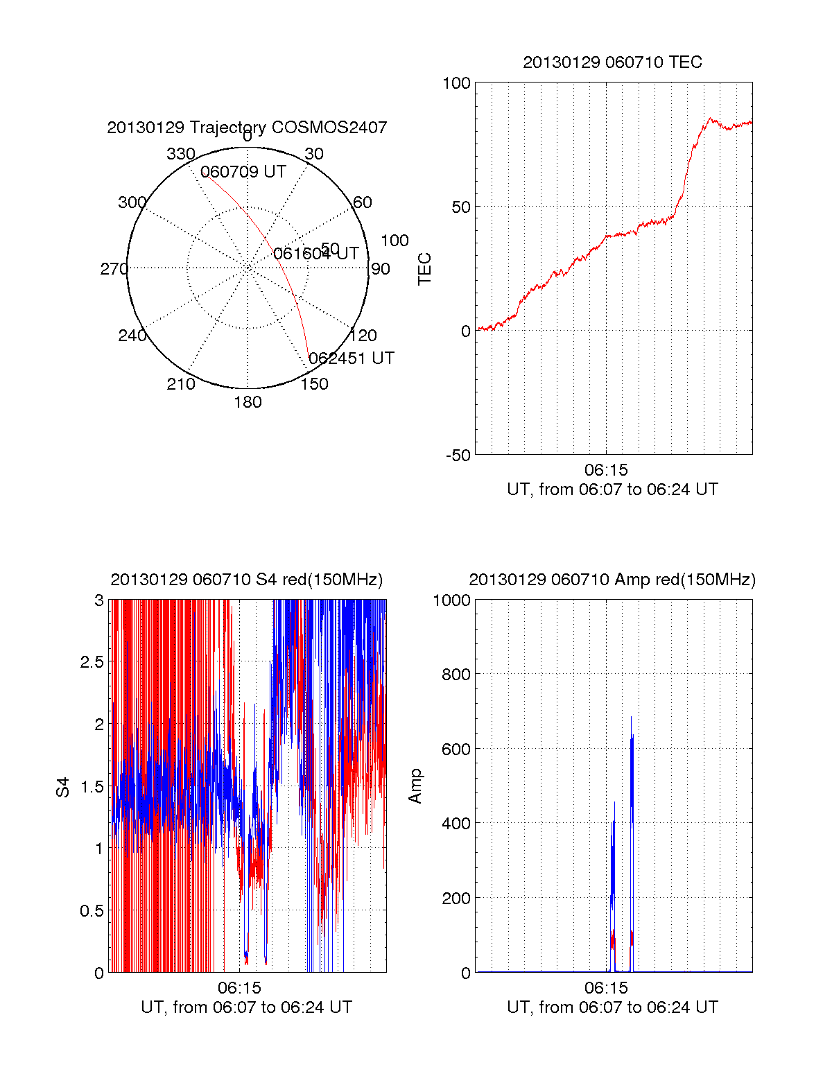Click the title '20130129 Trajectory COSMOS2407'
(247, 128)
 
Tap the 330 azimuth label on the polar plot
(180, 154)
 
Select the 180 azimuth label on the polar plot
(248, 402)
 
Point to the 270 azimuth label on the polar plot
(114, 269)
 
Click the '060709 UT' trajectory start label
(243, 172)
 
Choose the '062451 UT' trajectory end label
(352, 358)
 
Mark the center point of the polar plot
(248, 268)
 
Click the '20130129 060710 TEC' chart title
(612, 62)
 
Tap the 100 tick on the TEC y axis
(456, 83)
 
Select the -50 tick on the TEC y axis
(458, 456)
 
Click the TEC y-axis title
(424, 269)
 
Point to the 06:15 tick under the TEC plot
(606, 470)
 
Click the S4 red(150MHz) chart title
(246, 580)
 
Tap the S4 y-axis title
(63, 787)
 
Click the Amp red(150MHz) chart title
(612, 580)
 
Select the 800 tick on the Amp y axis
(456, 674)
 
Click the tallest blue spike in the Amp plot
(631, 718)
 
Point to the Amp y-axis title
(415, 786)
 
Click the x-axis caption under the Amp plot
(612, 1007)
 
